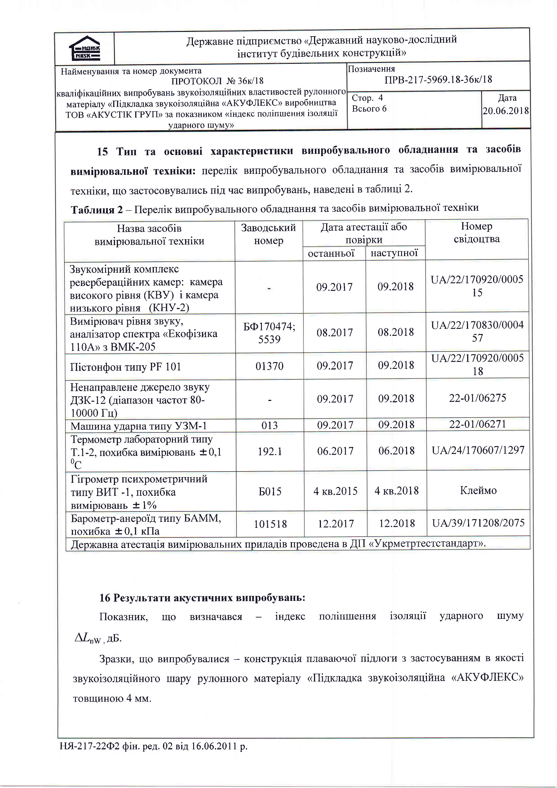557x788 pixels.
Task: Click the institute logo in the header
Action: coord(84,48)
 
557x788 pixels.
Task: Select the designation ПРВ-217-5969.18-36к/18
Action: coord(438,80)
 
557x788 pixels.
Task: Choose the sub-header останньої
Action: coord(331,253)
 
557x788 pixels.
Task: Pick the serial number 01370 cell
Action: coord(270,366)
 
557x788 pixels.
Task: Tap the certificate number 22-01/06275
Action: coord(477,398)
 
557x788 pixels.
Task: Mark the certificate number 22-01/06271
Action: coord(477,424)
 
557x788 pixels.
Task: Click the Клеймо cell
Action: coord(478,490)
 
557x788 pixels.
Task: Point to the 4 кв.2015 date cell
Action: coord(335,491)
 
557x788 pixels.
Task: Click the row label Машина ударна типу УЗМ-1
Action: coord(139,426)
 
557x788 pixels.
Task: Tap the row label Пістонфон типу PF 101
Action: coord(126,367)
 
